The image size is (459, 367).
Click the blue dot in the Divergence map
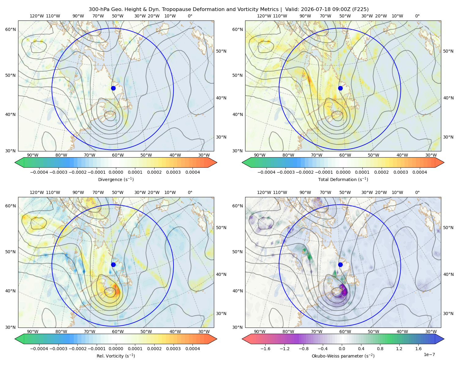(113, 88)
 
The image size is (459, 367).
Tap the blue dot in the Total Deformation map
(340, 88)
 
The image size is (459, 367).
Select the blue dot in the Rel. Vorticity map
(113, 265)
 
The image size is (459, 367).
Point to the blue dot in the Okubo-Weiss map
(340, 265)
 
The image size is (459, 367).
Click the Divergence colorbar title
(116, 179)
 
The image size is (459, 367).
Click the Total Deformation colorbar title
(343, 179)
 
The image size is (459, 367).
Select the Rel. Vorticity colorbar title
(116, 356)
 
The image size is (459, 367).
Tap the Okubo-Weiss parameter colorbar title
(343, 356)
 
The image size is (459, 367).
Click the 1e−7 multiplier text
(429, 354)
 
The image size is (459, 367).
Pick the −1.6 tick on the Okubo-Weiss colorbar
(265, 349)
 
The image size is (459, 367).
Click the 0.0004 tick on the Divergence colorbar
(192, 172)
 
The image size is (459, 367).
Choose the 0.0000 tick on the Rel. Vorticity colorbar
(116, 349)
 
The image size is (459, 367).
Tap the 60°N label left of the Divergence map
(10, 29)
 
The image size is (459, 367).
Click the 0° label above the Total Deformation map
(417, 16)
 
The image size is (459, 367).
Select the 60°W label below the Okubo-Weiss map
(345, 332)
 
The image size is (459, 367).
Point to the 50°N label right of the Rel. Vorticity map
(221, 228)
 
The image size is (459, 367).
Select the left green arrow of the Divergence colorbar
(19, 162)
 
